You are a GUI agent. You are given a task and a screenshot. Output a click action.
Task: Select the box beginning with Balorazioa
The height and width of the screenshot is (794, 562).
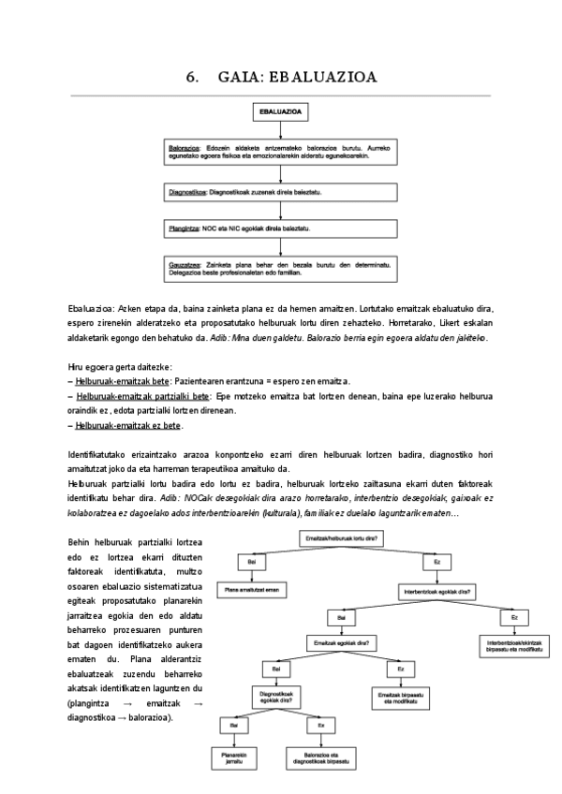[x=280, y=152]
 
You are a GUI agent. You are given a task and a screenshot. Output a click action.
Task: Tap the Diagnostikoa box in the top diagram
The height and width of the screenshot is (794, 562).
[x=280, y=192]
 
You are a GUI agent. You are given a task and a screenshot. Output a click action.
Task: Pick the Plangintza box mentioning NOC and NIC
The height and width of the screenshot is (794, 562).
[x=280, y=228]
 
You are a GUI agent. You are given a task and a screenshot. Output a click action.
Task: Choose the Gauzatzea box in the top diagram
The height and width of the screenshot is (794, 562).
[x=280, y=269]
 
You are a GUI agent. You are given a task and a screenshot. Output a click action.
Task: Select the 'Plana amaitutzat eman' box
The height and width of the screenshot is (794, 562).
[x=250, y=591]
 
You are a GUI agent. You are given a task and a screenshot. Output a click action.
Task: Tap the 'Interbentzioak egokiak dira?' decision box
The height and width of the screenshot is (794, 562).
[x=436, y=591]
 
